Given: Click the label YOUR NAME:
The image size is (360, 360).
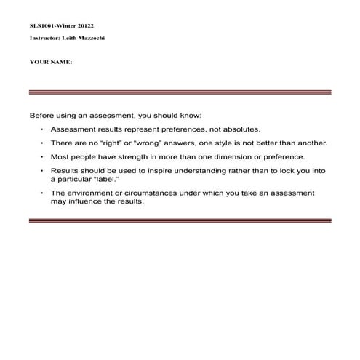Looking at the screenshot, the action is pos(50,63).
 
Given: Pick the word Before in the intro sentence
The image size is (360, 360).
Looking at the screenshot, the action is pos(41,116).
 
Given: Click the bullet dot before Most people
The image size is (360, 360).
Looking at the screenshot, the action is pos(42,156).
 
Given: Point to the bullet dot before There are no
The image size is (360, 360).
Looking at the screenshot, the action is pos(42,143).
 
